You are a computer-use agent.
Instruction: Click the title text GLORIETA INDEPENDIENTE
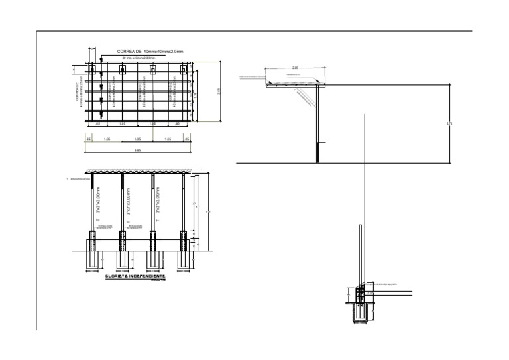point(130,275)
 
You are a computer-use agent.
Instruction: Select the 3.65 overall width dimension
point(137,150)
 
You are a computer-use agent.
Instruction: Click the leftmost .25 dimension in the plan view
point(88,139)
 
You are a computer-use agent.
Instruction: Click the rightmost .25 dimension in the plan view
point(186,139)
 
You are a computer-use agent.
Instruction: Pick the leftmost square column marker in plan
point(93,69)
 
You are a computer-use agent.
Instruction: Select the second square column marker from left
point(123,69)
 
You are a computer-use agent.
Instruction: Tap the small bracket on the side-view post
point(321,143)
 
